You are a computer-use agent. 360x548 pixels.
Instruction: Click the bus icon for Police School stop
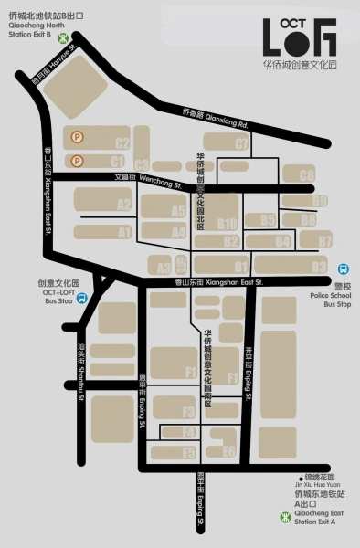pos(343,269)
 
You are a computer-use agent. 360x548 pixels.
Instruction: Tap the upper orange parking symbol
pos(77,138)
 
